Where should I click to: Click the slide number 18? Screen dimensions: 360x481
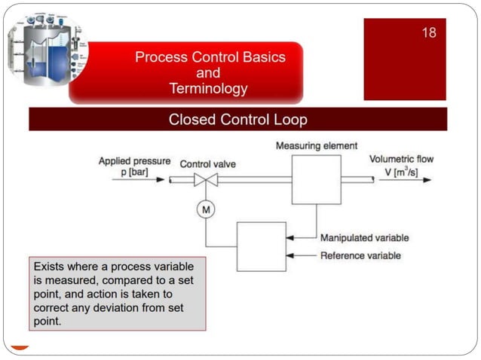(428, 32)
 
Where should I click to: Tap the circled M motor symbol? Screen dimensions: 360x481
(205, 210)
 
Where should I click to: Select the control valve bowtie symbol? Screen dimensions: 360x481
(205, 180)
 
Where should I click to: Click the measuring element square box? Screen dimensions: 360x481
(316, 180)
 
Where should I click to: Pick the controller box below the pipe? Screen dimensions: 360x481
(261, 246)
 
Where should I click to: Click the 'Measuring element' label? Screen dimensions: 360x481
(316, 145)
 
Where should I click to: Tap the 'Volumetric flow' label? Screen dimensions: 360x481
(401, 159)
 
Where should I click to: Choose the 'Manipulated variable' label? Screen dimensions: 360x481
(364, 238)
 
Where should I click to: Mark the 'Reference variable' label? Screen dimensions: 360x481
(360, 256)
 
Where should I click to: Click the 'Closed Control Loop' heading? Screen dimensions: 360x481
(237, 120)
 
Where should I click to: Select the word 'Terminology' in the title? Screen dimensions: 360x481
(208, 89)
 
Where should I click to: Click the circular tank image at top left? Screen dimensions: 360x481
(47, 50)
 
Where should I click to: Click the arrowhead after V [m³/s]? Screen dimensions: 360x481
(427, 180)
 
